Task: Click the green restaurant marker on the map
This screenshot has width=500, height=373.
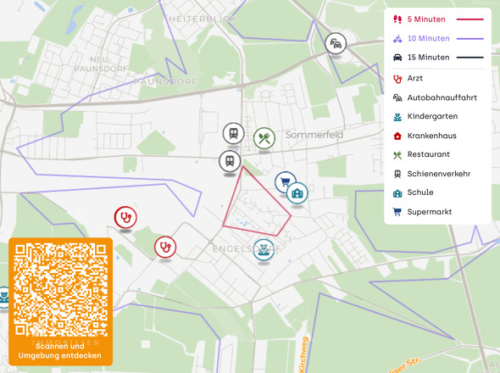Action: click(x=264, y=137)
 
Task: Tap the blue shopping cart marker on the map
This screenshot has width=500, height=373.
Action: click(x=285, y=181)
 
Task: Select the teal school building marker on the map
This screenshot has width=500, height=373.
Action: click(x=297, y=194)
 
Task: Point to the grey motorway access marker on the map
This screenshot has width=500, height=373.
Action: click(x=336, y=43)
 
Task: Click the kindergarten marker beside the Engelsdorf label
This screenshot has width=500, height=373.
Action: click(x=264, y=249)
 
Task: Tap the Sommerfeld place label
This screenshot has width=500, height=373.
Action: click(x=314, y=135)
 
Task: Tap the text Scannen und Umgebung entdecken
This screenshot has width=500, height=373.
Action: click(x=61, y=351)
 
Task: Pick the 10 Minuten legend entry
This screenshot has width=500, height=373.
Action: click(x=428, y=38)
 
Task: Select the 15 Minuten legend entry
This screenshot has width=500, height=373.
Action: click(x=428, y=58)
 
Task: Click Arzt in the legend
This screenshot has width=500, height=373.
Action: click(x=415, y=79)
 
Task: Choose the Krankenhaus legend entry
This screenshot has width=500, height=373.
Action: click(x=433, y=136)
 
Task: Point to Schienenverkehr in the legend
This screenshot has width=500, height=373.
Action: click(x=438, y=173)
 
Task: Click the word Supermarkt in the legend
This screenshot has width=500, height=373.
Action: click(x=430, y=211)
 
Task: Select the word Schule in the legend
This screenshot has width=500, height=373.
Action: click(x=419, y=192)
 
